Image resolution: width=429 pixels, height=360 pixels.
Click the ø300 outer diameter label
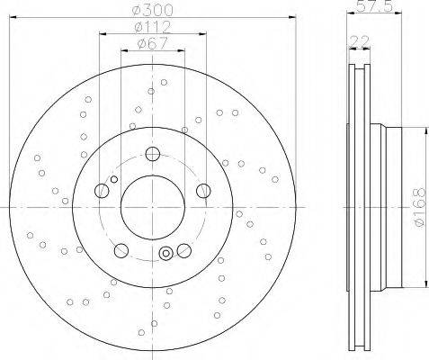pos(153,11)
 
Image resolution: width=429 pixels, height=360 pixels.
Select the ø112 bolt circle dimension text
pos(153,27)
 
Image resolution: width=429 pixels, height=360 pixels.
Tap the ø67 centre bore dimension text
pos(152,44)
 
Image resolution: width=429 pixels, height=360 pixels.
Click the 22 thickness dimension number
pos(360,41)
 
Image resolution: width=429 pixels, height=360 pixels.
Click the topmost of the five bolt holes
pos(153,154)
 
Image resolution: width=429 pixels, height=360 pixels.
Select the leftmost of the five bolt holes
pos(102,191)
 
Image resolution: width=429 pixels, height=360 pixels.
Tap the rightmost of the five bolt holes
pos(203,191)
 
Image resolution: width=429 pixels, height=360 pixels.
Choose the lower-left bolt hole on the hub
pos(121,250)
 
